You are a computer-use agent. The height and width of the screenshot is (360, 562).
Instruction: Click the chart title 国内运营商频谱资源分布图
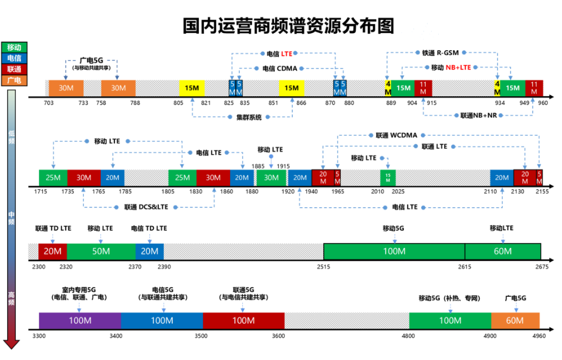pyautogui.click(x=288, y=26)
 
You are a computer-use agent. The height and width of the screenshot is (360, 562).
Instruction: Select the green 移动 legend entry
pyautogui.click(x=14, y=48)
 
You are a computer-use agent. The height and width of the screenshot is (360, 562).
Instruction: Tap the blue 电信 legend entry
pyautogui.click(x=14, y=58)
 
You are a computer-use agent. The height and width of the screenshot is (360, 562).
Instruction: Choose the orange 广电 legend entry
pyautogui.click(x=14, y=80)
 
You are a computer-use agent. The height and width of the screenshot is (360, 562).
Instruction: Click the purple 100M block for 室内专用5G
pyautogui.click(x=80, y=320)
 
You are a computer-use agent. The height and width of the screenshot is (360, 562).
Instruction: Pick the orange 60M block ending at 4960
pyautogui.click(x=515, y=320)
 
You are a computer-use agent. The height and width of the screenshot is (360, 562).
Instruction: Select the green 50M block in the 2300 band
pyautogui.click(x=101, y=251)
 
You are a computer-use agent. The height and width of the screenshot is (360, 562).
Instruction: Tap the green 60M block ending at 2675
pyautogui.click(x=502, y=251)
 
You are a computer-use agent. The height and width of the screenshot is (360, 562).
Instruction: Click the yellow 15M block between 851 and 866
pyautogui.click(x=291, y=88)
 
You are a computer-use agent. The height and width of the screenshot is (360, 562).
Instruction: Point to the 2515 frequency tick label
pyautogui.click(x=323, y=267)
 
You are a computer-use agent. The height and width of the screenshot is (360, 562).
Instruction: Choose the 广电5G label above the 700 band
pyautogui.click(x=91, y=60)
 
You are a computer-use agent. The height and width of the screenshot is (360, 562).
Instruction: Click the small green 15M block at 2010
pyautogui.click(x=388, y=178)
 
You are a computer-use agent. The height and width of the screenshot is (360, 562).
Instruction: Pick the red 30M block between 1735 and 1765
pyautogui.click(x=84, y=178)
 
